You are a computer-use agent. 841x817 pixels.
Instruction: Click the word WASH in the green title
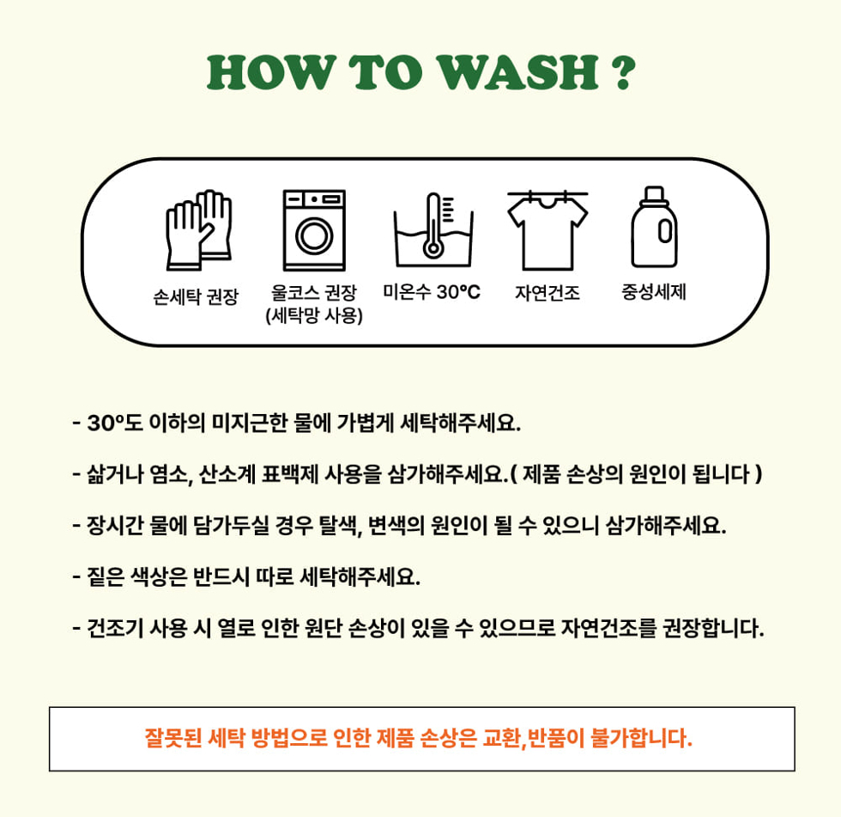(518, 72)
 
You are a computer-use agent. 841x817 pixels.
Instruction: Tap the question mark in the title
(623, 72)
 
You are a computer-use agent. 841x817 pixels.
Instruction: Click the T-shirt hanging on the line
(548, 231)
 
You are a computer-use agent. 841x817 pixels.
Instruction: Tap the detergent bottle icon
(654, 227)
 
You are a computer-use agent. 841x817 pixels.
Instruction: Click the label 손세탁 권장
(196, 296)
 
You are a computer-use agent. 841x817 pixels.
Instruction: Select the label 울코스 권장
(314, 293)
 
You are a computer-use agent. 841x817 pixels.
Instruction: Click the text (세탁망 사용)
(314, 315)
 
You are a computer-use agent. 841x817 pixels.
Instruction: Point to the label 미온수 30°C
(431, 292)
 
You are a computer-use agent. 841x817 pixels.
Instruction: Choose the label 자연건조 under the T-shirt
(548, 293)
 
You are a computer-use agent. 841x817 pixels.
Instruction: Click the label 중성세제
(654, 292)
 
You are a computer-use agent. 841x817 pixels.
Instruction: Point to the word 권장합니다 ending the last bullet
(714, 627)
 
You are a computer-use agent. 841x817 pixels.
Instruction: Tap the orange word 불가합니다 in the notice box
(642, 738)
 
